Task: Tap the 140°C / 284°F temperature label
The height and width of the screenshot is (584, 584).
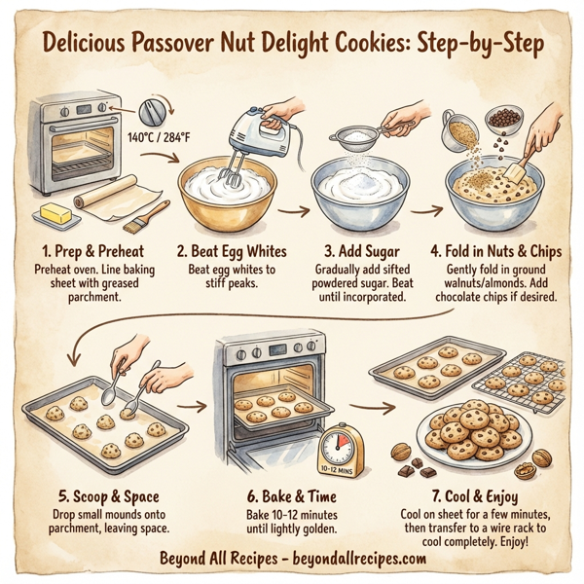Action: (159, 137)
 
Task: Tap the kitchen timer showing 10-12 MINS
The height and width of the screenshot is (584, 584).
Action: (342, 451)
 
